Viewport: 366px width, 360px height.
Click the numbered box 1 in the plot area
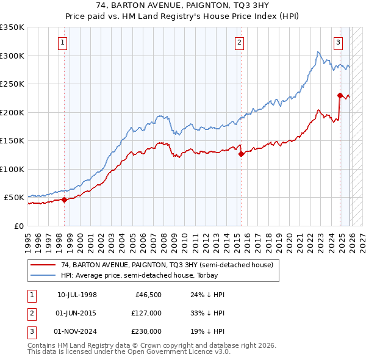(63, 43)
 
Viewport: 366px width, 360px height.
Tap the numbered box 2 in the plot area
(240, 43)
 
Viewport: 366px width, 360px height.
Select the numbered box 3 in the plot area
(338, 43)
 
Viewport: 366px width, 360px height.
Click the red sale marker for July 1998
(64, 200)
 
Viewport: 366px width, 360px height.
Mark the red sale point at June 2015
(241, 154)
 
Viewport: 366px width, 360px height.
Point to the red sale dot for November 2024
(340, 95)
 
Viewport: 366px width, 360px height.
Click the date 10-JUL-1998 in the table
(77, 295)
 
